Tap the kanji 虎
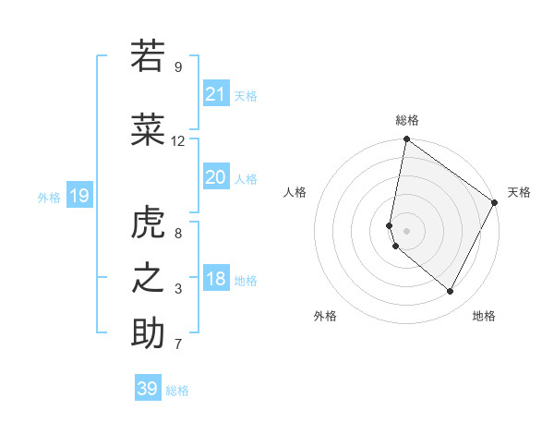tap(148, 223)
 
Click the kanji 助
tap(148, 333)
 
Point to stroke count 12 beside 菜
tap(178, 141)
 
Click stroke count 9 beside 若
tap(178, 67)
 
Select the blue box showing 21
tap(216, 93)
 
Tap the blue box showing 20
tap(216, 176)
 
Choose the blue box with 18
tap(216, 279)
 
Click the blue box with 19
tap(78, 195)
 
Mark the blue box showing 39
tap(148, 389)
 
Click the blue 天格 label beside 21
tap(246, 95)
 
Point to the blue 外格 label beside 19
tap(49, 197)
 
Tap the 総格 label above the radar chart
tap(407, 120)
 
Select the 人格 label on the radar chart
tap(295, 192)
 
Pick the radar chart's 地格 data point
tap(451, 292)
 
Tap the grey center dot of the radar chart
tap(406, 230)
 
